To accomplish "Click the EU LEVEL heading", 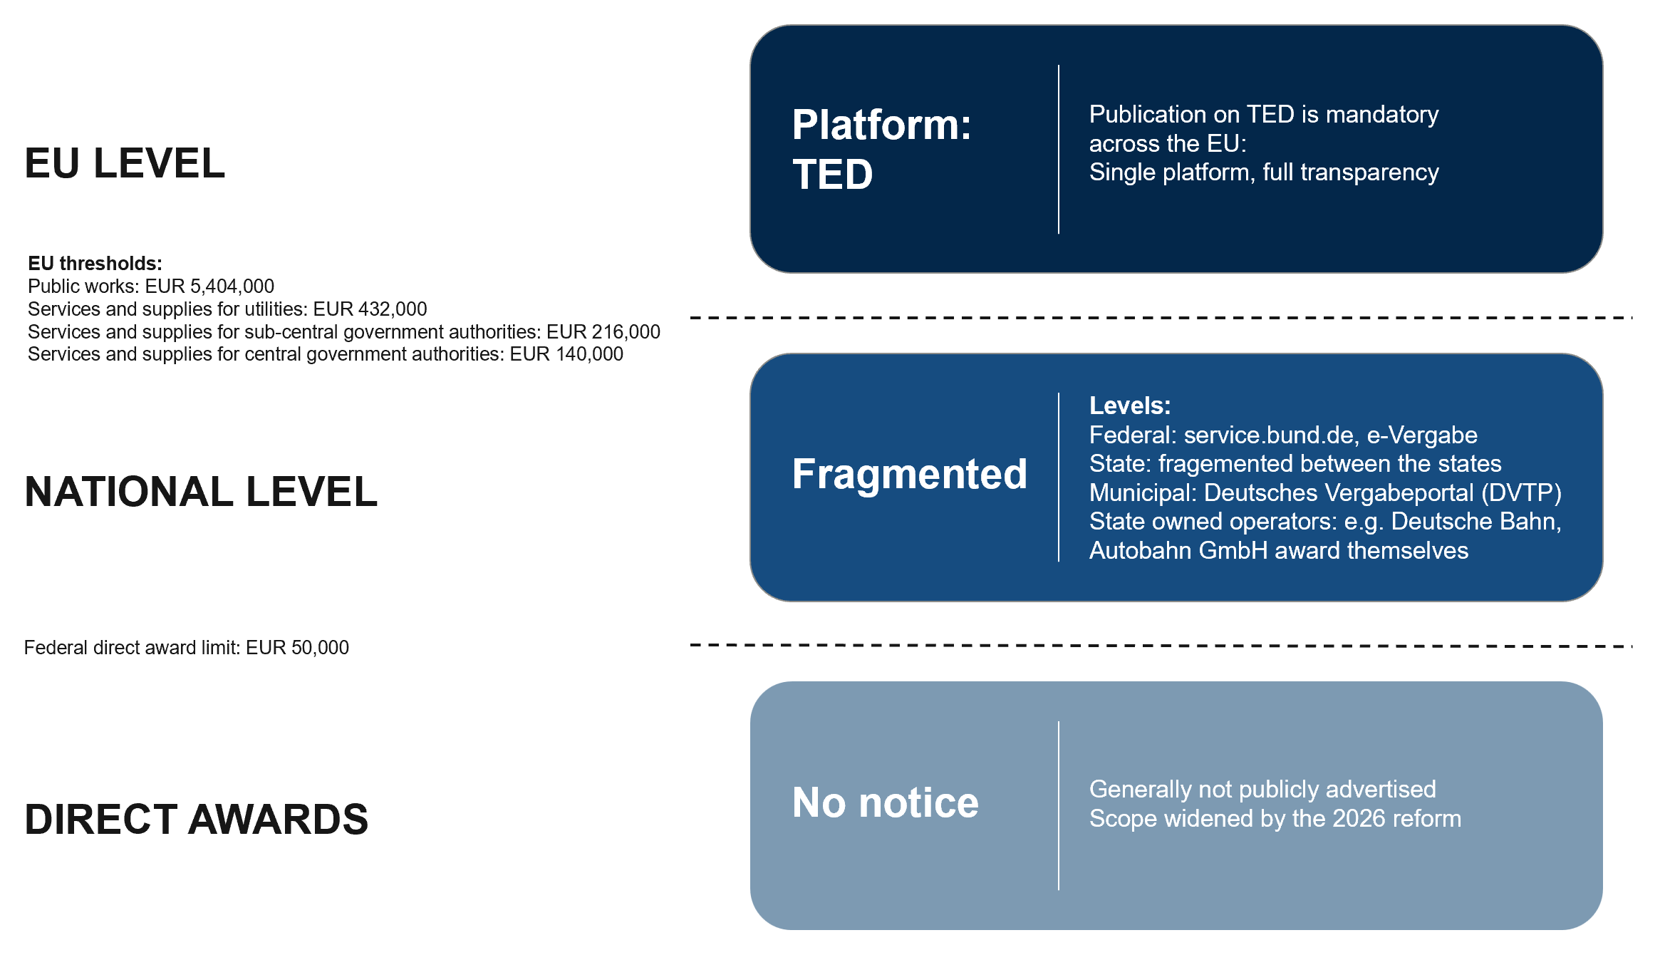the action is coord(125,163).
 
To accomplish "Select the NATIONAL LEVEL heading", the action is coord(201,492).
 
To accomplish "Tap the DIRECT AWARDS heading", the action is coord(197,819).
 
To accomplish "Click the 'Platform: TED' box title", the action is coord(882,149).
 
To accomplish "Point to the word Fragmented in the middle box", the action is coord(910,474).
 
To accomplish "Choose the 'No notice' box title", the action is coord(886,802).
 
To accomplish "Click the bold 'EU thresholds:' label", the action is coord(95,264).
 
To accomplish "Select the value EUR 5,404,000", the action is coord(209,286).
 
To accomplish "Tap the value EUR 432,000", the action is coord(370,309).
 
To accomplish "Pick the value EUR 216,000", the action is coord(603,332).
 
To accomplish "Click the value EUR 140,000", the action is coord(566,354).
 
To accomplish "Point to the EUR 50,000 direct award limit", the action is coord(297,648).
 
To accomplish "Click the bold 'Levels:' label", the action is coord(1130,406).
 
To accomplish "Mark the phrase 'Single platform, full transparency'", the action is coord(1264,172).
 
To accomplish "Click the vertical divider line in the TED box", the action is coord(1059,149).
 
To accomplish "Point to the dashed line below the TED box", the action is coord(1161,317).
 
